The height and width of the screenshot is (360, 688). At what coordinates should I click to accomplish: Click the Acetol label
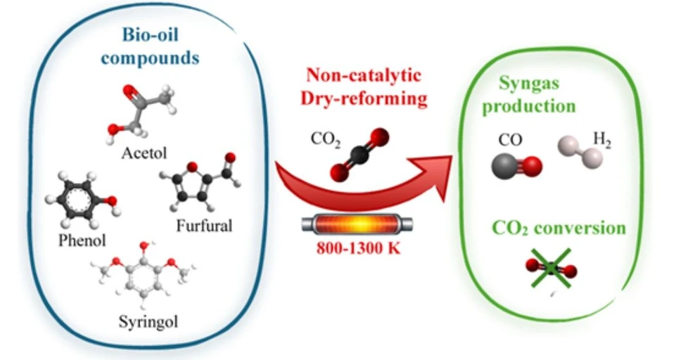tap(144, 153)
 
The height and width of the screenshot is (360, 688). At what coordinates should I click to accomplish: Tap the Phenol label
tap(82, 240)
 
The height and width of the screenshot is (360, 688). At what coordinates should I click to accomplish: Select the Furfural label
tap(204, 226)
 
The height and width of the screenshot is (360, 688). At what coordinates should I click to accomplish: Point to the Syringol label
tap(148, 322)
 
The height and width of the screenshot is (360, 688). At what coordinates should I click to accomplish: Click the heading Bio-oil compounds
tap(150, 46)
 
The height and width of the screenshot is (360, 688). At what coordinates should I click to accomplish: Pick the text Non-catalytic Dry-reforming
tap(364, 86)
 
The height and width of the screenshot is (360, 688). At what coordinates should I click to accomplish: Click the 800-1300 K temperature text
tap(359, 248)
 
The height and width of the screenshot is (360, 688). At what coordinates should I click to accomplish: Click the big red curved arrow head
tap(432, 178)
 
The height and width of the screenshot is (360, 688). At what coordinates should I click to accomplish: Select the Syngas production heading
tap(529, 95)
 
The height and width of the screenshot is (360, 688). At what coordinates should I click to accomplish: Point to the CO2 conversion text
tap(559, 228)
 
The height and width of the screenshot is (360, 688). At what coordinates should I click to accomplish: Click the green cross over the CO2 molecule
tap(552, 268)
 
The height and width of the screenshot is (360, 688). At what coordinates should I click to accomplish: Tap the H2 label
tap(602, 140)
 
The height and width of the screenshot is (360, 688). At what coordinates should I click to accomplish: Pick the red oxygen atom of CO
tap(533, 167)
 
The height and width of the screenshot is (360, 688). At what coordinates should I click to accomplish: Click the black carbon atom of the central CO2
tap(359, 155)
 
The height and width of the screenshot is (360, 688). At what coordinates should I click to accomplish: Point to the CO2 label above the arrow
tap(326, 139)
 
